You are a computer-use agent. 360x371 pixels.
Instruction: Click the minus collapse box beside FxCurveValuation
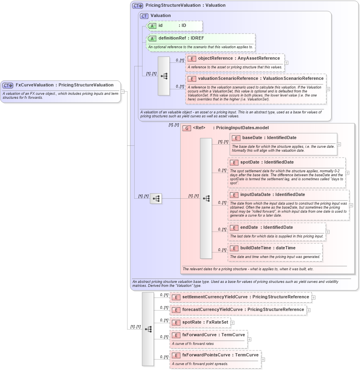point(123,92)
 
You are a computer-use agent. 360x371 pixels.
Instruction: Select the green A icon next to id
point(152,26)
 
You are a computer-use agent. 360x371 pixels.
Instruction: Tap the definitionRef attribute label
point(172,38)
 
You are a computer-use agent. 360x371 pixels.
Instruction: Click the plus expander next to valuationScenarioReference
point(328,89)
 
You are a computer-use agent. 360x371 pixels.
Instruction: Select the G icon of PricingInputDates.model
point(187,128)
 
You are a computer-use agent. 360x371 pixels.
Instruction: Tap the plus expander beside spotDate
point(347,172)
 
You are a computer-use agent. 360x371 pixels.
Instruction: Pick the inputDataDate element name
point(255,195)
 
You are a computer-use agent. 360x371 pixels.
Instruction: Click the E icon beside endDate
point(234,228)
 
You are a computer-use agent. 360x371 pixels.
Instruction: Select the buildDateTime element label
point(256,248)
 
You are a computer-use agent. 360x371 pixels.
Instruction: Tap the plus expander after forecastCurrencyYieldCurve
point(309,310)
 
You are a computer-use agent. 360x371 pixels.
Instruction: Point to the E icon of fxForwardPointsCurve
point(176,355)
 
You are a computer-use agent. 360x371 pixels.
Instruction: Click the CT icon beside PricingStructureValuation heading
point(137,6)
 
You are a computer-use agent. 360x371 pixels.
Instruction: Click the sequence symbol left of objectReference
point(164,76)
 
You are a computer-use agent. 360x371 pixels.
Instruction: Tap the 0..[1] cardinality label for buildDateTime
point(222,249)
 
